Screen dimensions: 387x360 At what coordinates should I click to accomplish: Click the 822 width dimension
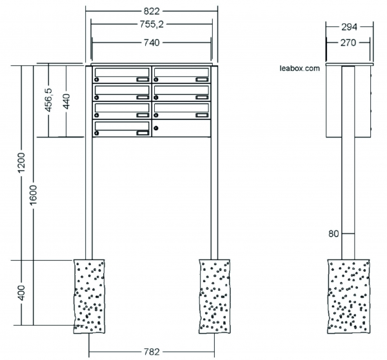click(152, 12)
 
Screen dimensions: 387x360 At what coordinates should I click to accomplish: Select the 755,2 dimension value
click(152, 25)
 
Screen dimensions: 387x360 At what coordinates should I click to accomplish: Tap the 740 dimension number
click(152, 43)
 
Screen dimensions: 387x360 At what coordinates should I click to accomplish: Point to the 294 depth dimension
click(349, 27)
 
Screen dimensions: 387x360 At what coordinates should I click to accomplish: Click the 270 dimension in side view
click(348, 43)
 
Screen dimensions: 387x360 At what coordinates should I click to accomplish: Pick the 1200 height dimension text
click(21, 163)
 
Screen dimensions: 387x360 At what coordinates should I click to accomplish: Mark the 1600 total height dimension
click(33, 195)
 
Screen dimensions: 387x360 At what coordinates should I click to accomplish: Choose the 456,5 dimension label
click(48, 100)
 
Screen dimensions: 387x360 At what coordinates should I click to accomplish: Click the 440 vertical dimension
click(66, 101)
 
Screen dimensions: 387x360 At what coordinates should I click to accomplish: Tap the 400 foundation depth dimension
click(21, 293)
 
